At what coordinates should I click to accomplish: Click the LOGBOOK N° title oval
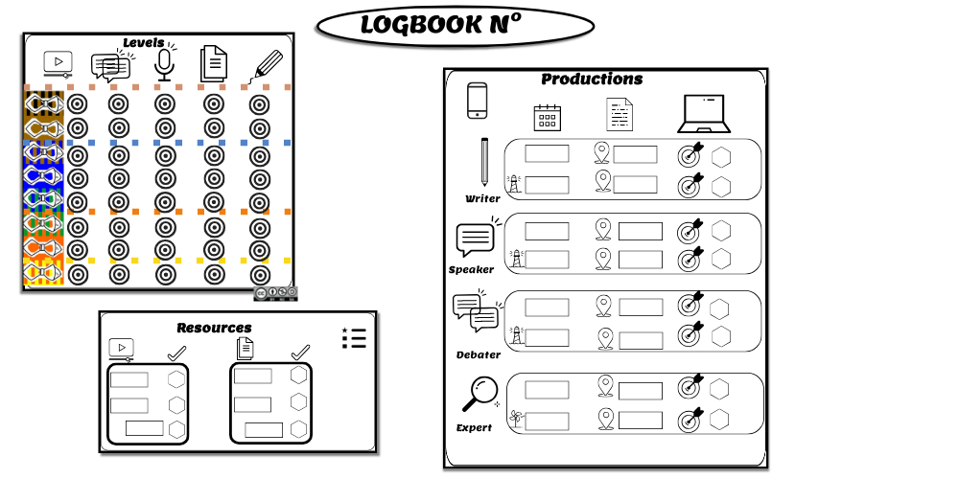pos(455,26)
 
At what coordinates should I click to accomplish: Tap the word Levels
pos(144,43)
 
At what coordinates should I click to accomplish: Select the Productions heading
pos(592,79)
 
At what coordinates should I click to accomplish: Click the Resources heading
pos(214,328)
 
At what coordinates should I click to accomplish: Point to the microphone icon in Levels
pos(164,65)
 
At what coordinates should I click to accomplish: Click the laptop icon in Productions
pos(703,114)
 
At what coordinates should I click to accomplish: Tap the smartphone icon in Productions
pos(477,101)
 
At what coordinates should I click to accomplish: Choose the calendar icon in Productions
pos(548,117)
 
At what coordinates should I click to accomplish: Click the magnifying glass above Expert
pos(480,394)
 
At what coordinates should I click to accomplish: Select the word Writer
pos(482,198)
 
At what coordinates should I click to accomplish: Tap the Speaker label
pos(471,269)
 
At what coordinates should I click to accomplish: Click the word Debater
pos(479,355)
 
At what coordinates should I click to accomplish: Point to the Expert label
pos(474,427)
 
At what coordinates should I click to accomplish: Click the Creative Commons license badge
pos(276,293)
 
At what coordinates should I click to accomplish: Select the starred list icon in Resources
pos(354,338)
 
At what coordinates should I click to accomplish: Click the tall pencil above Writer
pos(484,162)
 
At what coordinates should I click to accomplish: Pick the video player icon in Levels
pos(58,63)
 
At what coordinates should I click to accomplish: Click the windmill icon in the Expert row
pos(516,419)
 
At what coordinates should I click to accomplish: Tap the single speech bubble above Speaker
pos(476,239)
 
